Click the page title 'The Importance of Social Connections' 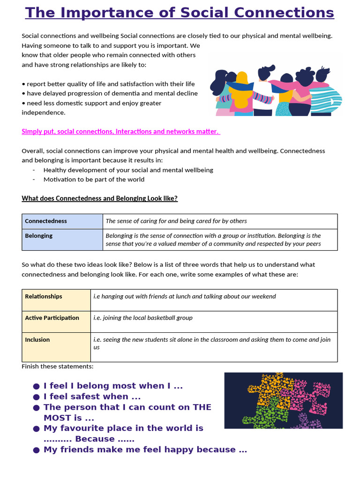pos(180,13)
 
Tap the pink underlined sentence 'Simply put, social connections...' pos(120,131)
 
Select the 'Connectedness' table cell pos(62,221)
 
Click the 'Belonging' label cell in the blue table pos(62,240)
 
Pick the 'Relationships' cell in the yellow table pos(56,300)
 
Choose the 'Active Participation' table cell pos(56,322)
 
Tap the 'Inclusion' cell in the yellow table pos(56,347)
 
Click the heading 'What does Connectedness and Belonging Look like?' pos(99,198)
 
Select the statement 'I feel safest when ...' pos(92,397)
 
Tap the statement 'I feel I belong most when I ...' pos(112,386)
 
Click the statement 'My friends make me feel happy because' pos(145,450)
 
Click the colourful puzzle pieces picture pos(283,400)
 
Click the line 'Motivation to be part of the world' pos(94,179)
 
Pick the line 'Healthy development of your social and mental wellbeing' pos(128,170)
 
